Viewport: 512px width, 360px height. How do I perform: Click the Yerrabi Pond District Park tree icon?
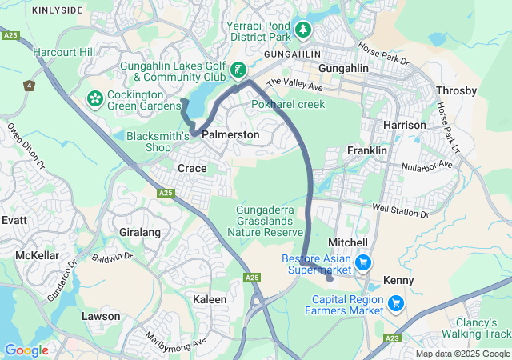(x=302, y=30)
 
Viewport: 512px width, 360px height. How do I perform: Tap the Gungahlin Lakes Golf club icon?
(x=238, y=71)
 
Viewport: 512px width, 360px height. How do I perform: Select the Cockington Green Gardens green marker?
(x=95, y=98)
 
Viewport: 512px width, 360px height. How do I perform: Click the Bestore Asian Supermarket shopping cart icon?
(x=362, y=262)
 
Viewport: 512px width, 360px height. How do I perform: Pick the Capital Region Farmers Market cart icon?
(x=395, y=303)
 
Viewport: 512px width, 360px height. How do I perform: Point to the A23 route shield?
(x=391, y=338)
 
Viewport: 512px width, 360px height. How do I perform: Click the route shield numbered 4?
(x=30, y=85)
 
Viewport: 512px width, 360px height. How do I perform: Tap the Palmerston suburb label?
(x=230, y=135)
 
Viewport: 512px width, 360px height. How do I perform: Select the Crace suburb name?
(x=192, y=168)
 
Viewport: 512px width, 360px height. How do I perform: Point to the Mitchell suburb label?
(x=348, y=242)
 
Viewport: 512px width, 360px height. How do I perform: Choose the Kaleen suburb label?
(x=210, y=298)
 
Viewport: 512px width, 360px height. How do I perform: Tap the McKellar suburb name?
(x=37, y=255)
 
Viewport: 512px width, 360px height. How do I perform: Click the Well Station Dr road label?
(x=401, y=208)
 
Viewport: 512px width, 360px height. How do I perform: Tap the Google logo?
(x=26, y=350)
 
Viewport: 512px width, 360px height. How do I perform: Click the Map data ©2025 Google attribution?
(x=462, y=354)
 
